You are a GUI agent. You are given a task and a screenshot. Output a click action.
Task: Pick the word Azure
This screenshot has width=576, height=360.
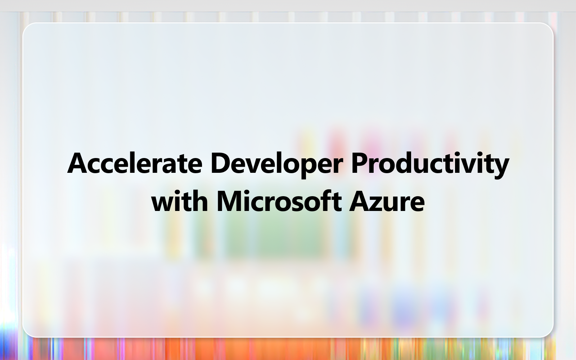[387, 202]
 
